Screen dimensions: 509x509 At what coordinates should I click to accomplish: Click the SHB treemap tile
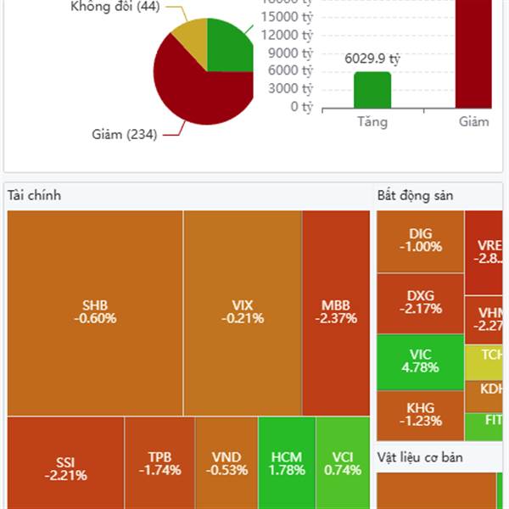95,312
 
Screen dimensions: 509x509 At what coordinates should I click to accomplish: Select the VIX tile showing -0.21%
243,312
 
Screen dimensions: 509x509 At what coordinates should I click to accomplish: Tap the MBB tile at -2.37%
336,312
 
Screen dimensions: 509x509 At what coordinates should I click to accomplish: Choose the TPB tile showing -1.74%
159,463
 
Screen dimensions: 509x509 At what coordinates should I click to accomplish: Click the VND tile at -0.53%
227,463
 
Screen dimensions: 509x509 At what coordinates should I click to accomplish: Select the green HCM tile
287,463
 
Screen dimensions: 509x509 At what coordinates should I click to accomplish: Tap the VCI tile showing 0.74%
343,463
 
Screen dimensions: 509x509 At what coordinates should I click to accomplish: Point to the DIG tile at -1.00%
421,241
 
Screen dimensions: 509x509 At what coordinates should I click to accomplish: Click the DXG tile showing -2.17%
421,303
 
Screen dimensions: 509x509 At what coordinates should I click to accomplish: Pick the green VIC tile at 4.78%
421,361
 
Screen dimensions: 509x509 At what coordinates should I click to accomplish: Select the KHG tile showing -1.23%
421,415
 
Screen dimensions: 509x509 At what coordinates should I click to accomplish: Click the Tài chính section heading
34,196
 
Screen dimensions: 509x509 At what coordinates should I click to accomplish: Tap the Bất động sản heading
415,196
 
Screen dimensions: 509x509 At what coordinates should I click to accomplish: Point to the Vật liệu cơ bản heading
427,458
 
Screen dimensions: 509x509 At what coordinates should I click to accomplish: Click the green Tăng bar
372,91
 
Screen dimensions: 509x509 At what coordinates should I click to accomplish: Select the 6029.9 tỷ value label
372,59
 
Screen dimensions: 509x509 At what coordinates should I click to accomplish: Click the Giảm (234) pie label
124,134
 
